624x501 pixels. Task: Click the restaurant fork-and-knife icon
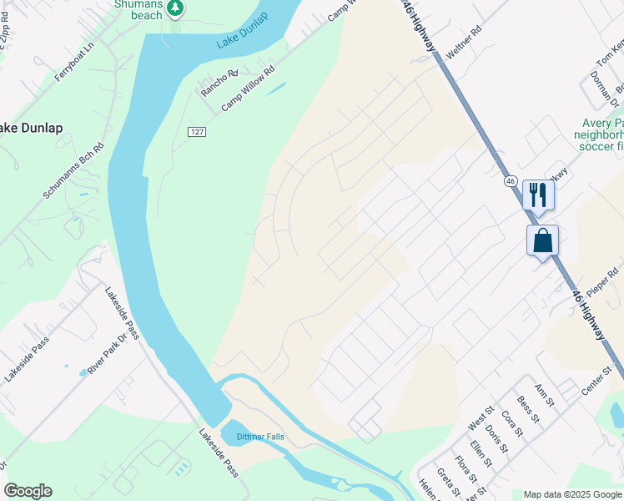click(538, 195)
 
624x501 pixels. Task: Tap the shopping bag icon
click(542, 240)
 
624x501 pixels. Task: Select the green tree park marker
click(174, 8)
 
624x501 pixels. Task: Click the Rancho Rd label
click(219, 83)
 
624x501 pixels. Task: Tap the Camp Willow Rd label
click(248, 90)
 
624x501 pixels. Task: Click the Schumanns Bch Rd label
click(75, 170)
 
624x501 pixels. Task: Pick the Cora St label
click(511, 423)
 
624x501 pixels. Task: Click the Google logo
click(28, 491)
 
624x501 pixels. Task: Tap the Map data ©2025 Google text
click(571, 494)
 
